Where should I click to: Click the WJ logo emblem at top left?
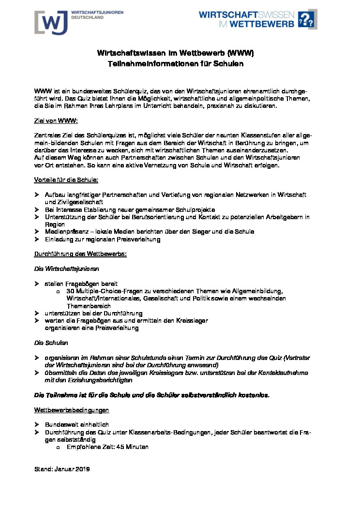(51, 22)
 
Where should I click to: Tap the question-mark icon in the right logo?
(306, 20)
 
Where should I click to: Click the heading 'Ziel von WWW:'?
(56, 120)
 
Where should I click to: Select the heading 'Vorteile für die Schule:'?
(66, 180)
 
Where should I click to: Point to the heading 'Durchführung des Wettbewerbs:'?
(80, 254)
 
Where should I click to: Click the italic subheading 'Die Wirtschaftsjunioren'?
(66, 269)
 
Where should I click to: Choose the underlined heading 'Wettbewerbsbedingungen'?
(72, 410)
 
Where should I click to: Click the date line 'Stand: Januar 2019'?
(62, 469)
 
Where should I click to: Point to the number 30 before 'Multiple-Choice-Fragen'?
(70, 291)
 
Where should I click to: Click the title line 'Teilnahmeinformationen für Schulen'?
(175, 63)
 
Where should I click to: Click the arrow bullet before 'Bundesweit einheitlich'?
(36, 425)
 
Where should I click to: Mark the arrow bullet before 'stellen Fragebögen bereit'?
(36, 284)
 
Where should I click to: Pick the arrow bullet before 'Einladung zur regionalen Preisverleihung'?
(36, 240)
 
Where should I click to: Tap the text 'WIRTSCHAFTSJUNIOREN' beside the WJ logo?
(97, 12)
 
